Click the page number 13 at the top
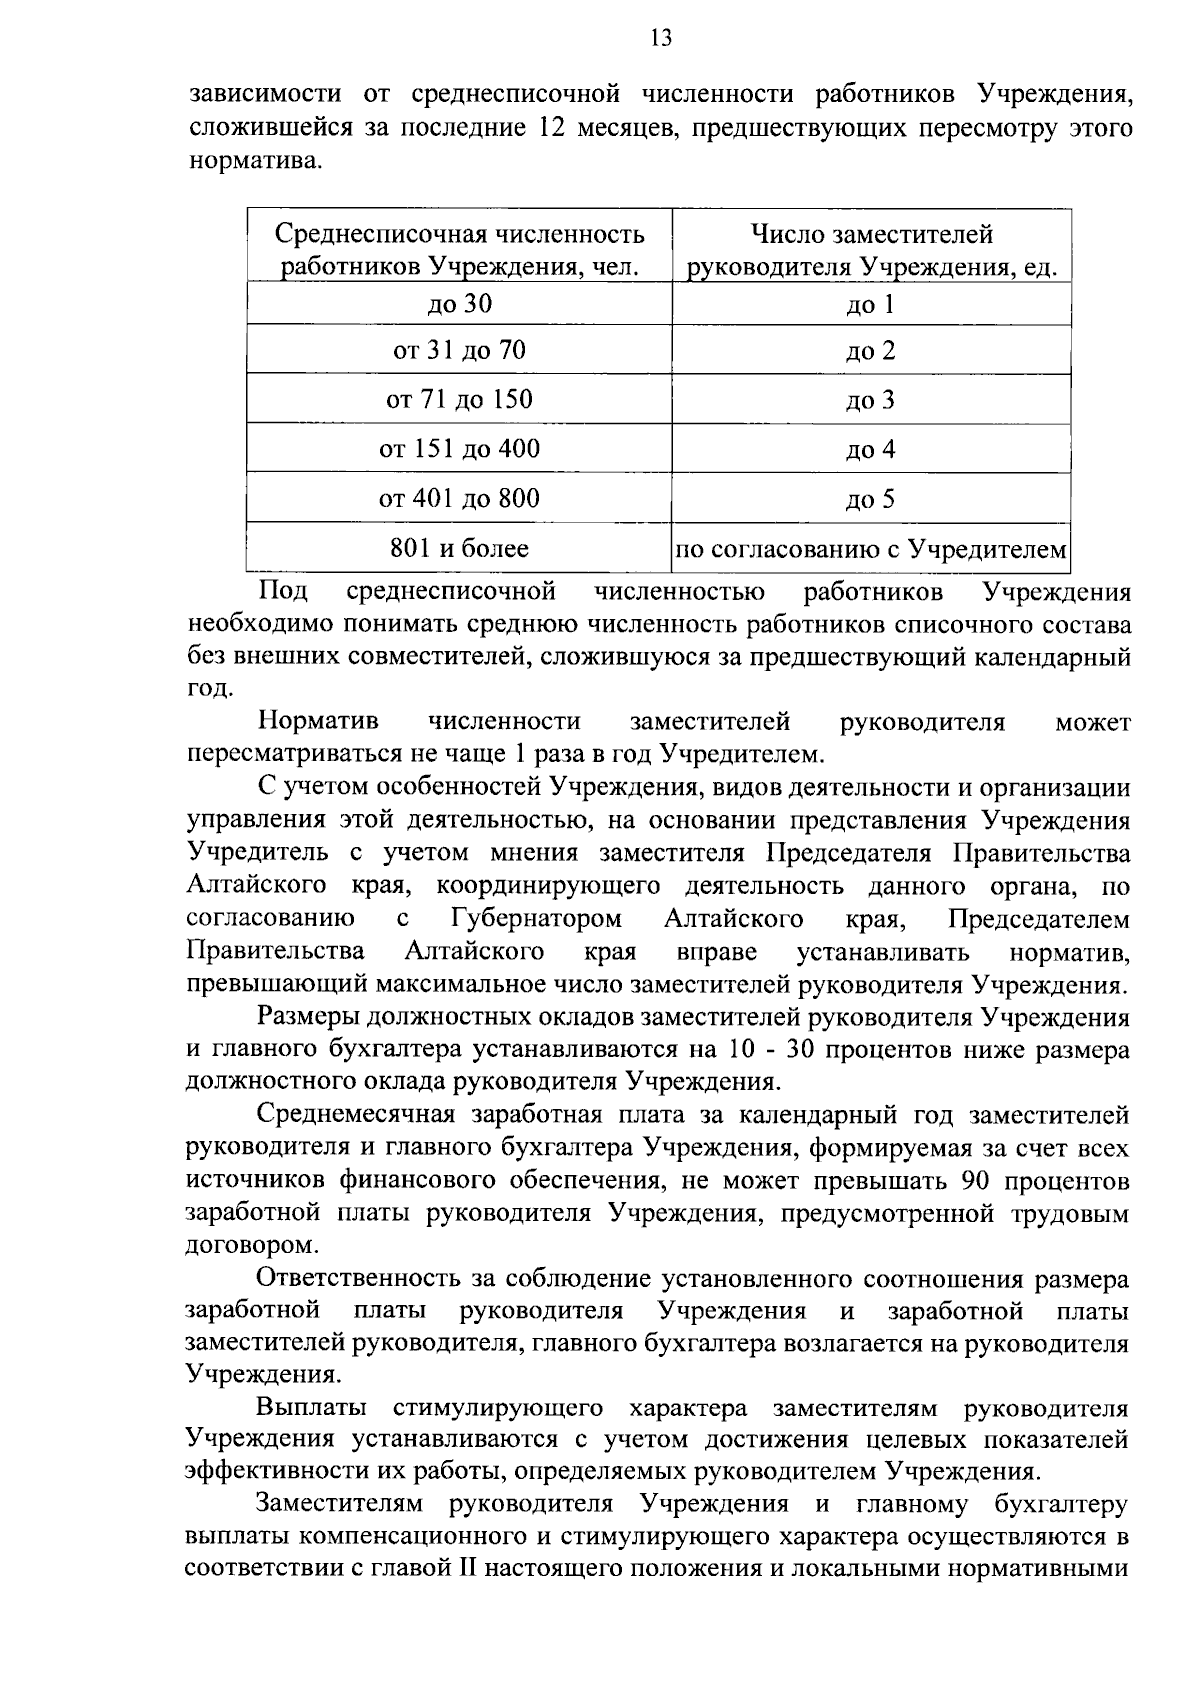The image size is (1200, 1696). click(x=660, y=38)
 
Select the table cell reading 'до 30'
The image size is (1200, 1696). click(x=460, y=304)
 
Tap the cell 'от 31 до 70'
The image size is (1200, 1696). click(x=460, y=350)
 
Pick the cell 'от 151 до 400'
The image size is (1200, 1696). click(x=460, y=449)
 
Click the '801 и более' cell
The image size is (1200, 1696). click(x=460, y=548)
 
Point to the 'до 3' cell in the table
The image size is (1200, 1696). click(x=870, y=401)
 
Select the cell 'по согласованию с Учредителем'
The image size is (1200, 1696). click(x=871, y=549)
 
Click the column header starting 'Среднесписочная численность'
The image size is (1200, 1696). click(x=460, y=250)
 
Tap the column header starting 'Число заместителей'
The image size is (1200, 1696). click(x=871, y=250)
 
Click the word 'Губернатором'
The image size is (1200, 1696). click(x=536, y=919)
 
